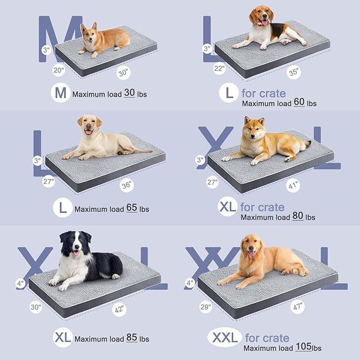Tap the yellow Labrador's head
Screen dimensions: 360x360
point(89,125)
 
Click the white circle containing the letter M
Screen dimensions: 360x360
point(61,94)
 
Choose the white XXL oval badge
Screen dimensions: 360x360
point(224,337)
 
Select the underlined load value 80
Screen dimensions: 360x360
point(298,216)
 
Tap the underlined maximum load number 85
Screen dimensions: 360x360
point(133,338)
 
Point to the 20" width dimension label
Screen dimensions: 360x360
point(58,69)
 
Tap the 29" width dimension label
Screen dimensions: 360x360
point(206,306)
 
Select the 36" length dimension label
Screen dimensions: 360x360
point(127,186)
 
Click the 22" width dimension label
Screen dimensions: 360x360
point(219,69)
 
